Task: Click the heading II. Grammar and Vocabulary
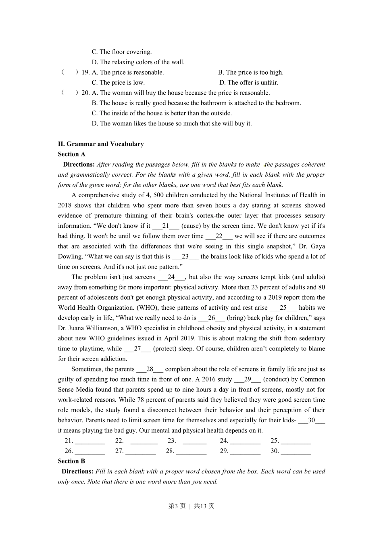(x=101, y=144)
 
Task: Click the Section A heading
(x=71, y=154)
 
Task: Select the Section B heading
(x=71, y=461)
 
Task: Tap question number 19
(x=85, y=73)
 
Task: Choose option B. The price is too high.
(x=250, y=73)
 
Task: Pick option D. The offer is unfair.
(x=249, y=83)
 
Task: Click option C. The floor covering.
(x=121, y=52)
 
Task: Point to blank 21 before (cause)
(x=165, y=226)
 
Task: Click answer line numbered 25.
(x=296, y=441)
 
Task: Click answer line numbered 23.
(x=194, y=441)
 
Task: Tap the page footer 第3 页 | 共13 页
(x=191, y=506)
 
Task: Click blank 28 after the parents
(x=150, y=369)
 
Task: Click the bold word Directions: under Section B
(x=77, y=471)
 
